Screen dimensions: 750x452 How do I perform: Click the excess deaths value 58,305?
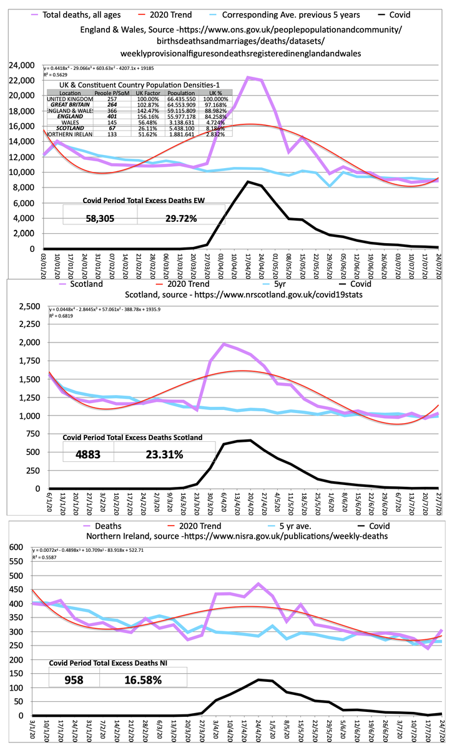101,219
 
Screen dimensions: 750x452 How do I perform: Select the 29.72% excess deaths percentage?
181,219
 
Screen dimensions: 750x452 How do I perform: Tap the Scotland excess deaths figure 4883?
88,454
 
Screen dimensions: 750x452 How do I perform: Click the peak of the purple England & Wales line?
248,77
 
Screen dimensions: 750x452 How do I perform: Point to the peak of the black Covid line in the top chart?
248,182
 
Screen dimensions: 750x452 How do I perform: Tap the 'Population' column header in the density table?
183,92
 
